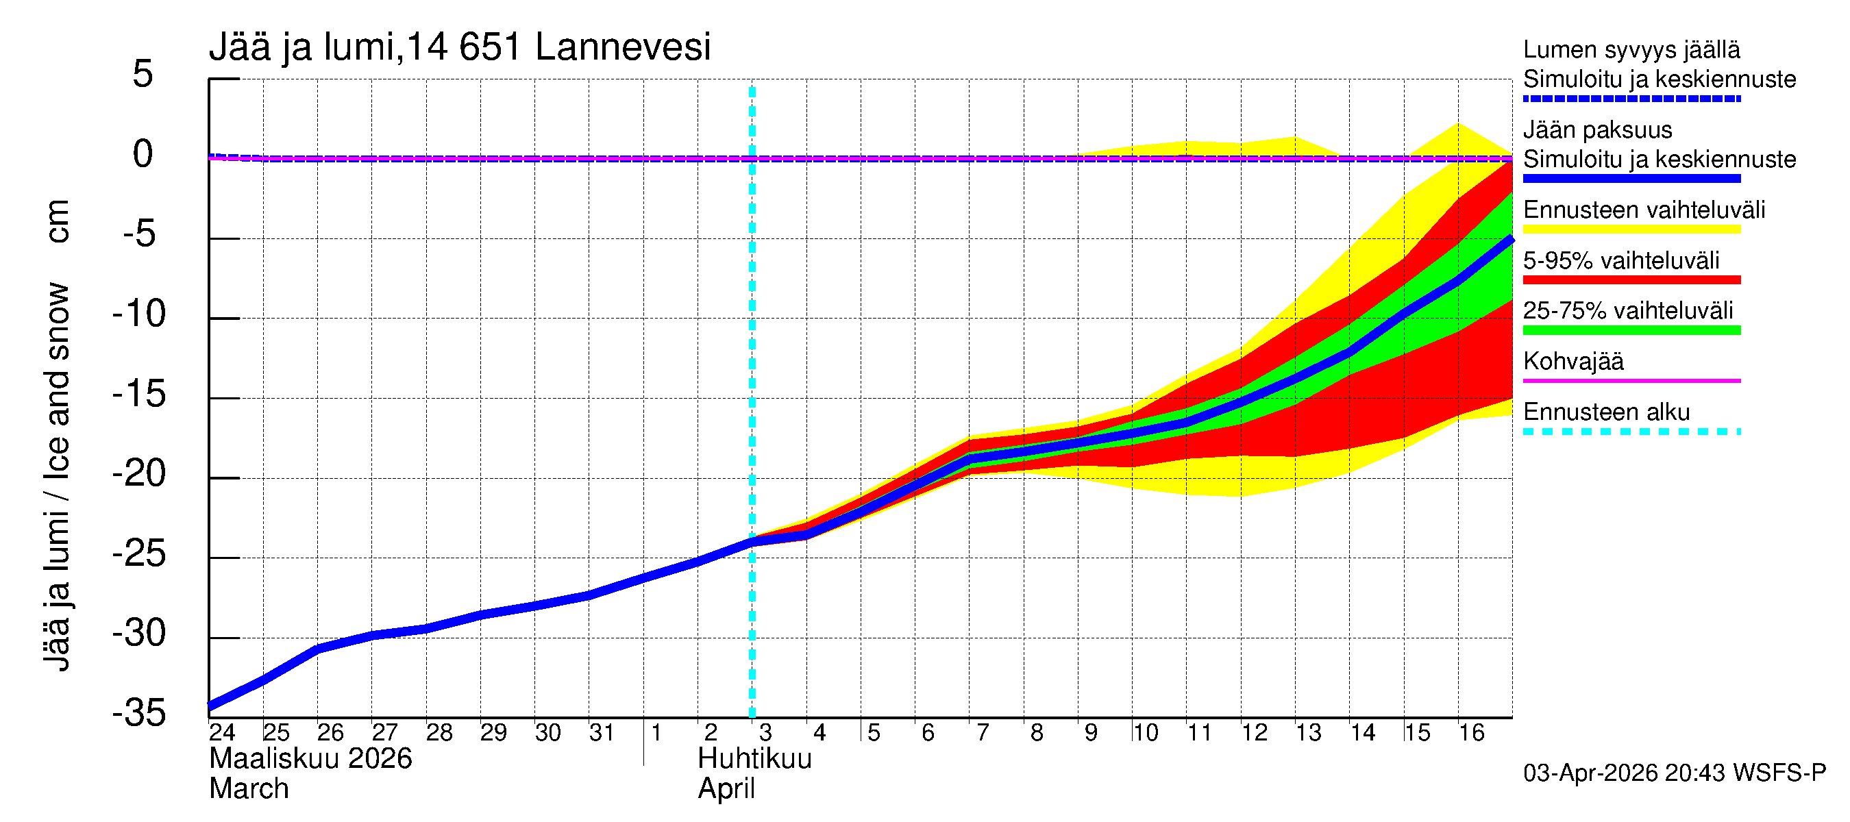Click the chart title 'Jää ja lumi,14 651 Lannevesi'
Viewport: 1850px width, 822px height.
tap(460, 47)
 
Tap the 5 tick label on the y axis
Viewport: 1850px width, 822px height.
tap(143, 75)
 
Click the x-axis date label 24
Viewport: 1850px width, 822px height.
tap(223, 733)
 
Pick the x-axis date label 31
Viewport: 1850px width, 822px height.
tap(602, 733)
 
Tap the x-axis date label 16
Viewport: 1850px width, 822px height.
tap(1471, 733)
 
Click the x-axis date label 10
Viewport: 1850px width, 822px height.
tap(1146, 733)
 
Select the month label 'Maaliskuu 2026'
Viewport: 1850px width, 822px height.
tap(310, 760)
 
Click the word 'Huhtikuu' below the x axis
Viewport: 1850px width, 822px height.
tap(754, 760)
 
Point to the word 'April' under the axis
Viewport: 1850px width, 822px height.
tap(726, 790)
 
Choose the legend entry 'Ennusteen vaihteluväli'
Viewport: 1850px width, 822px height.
tap(1644, 210)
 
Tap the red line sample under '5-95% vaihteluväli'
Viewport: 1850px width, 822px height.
tap(1631, 280)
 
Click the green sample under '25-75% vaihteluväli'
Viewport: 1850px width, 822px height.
tap(1631, 330)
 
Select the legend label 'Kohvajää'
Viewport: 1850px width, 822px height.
tap(1572, 361)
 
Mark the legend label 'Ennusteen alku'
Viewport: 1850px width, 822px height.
tap(1606, 412)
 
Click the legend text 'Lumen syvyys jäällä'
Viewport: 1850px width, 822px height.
tap(1631, 50)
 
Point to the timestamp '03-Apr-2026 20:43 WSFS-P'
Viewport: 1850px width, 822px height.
tap(1674, 773)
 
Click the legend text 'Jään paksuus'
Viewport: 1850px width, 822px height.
tap(1597, 130)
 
